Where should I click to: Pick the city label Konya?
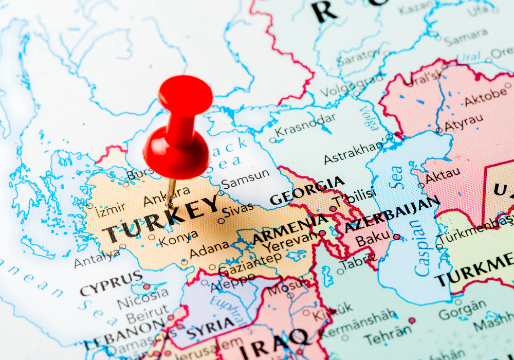point(178,237)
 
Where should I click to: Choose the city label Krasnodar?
point(305,124)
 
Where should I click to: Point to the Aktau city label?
point(443,176)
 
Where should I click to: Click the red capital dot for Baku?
point(397,237)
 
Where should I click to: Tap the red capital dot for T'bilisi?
point(333,209)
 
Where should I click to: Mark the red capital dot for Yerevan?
point(322,233)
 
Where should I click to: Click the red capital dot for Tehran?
point(411,320)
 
